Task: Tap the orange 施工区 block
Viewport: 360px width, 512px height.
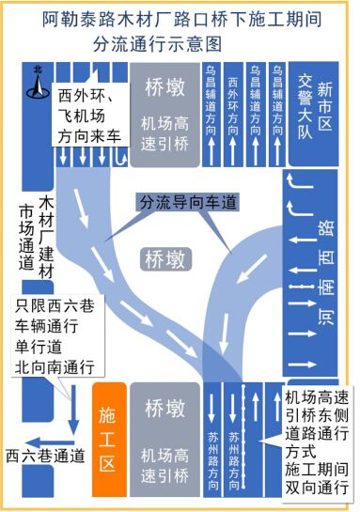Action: click(x=108, y=438)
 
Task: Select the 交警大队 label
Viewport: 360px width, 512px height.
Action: click(x=303, y=107)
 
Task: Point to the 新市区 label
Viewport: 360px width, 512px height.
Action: click(x=325, y=108)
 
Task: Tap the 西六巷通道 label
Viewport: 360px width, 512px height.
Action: click(x=45, y=457)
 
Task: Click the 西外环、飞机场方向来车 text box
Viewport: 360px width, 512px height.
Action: click(x=89, y=116)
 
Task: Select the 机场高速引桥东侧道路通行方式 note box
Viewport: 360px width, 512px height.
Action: click(x=317, y=442)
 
